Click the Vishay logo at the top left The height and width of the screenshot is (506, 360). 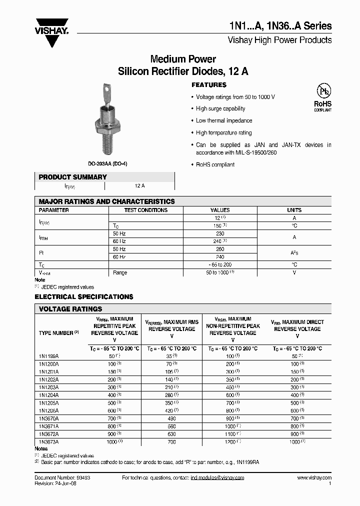pyautogui.click(x=51, y=28)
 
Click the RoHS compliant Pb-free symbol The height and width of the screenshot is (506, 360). pyautogui.click(x=322, y=95)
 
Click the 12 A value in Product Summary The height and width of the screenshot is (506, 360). pyautogui.click(x=139, y=185)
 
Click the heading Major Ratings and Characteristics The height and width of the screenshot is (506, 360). pyautogui.click(x=106, y=201)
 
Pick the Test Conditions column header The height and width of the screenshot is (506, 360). pyautogui.click(x=145, y=210)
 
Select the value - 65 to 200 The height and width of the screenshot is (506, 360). pyautogui.click(x=220, y=264)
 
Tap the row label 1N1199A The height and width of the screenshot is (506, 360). pyautogui.click(x=48, y=356)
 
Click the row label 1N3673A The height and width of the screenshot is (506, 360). pyautogui.click(x=48, y=442)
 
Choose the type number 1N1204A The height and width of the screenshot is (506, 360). pyautogui.click(x=48, y=395)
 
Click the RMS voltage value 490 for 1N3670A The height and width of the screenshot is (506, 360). pyautogui.click(x=172, y=418)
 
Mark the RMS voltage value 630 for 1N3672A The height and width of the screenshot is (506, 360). pyautogui.click(x=172, y=434)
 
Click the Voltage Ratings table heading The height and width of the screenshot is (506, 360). pyautogui.click(x=70, y=309)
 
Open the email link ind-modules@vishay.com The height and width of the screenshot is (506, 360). pyautogui.click(x=217, y=478)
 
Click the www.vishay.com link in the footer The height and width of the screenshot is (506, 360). pyautogui.click(x=314, y=478)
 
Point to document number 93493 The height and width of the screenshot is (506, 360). pyautogui.click(x=81, y=478)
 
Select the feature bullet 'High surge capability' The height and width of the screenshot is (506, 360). pyautogui.click(x=220, y=108)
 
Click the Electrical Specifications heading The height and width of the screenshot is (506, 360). pyautogui.click(x=84, y=296)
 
